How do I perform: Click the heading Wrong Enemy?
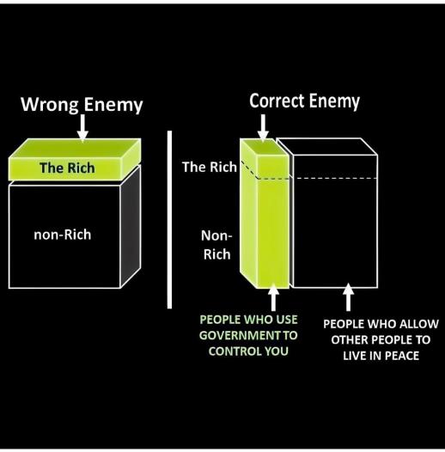(82, 104)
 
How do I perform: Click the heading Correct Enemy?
(305, 101)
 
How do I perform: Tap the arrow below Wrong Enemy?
(82, 128)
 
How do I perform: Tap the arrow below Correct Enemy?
(263, 128)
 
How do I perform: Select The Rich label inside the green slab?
(67, 168)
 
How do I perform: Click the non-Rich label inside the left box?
(62, 235)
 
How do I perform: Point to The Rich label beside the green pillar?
(210, 167)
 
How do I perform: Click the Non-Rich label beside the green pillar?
(216, 245)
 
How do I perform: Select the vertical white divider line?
(169, 219)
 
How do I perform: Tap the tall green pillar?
(265, 213)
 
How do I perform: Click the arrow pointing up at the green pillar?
(273, 297)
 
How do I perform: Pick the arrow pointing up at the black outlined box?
(348, 297)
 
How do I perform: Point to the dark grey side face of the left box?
(131, 226)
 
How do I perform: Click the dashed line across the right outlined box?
(336, 178)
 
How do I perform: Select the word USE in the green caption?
(285, 320)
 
